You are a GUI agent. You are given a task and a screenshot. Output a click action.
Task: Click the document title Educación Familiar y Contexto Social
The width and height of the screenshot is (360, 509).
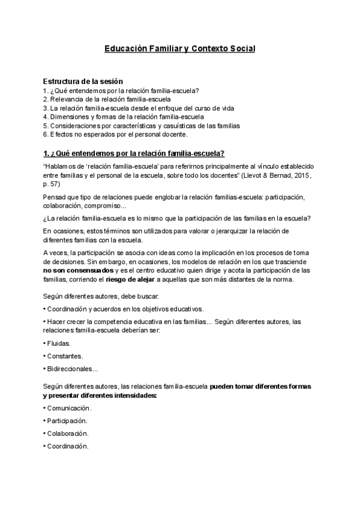coord(180,48)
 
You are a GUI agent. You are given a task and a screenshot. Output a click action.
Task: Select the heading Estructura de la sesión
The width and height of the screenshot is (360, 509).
coord(83,81)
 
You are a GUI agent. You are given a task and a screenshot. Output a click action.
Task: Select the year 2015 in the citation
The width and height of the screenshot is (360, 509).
coord(298,174)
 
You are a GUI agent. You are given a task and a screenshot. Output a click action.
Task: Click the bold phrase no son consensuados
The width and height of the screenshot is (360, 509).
coord(78,271)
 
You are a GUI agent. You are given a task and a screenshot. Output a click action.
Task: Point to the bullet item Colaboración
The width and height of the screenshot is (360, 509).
coord(67,433)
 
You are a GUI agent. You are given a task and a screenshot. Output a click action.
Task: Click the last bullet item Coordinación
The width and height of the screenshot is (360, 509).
coord(67,446)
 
